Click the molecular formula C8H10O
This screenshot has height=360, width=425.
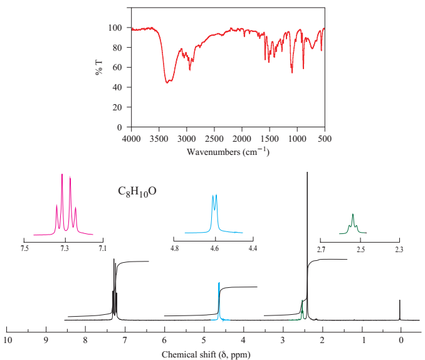click(137, 191)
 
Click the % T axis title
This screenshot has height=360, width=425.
click(99, 67)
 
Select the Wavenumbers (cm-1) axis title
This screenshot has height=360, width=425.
click(228, 151)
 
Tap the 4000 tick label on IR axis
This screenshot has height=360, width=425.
click(131, 137)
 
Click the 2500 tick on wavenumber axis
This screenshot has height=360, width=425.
click(214, 137)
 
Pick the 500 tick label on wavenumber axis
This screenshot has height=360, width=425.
click(325, 137)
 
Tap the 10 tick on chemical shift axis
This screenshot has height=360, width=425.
click(7, 340)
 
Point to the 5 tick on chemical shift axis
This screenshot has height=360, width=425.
click(204, 340)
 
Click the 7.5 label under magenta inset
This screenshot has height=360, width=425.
click(24, 249)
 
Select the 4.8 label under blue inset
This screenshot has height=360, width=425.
click(174, 249)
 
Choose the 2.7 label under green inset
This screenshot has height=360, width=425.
click(320, 249)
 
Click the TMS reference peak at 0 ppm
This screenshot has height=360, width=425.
click(400, 309)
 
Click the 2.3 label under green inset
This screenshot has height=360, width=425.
click(399, 249)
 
